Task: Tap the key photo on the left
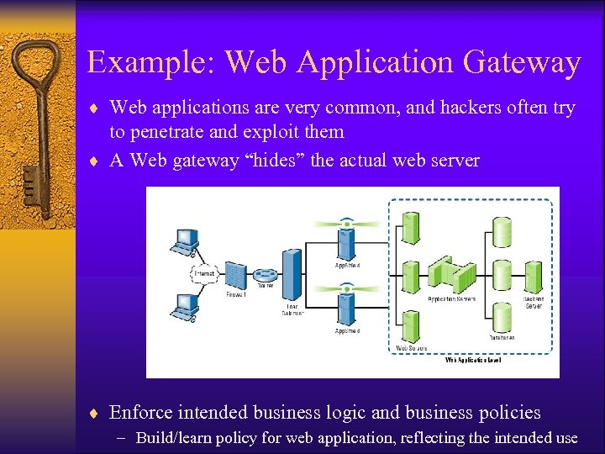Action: point(37,126)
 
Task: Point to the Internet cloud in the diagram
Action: point(205,274)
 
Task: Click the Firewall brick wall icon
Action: point(236,276)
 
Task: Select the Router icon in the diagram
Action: point(266,274)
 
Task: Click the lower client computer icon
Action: point(184,307)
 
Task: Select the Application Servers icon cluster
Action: point(452,274)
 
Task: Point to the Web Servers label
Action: point(412,347)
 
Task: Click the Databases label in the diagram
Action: point(502,337)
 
